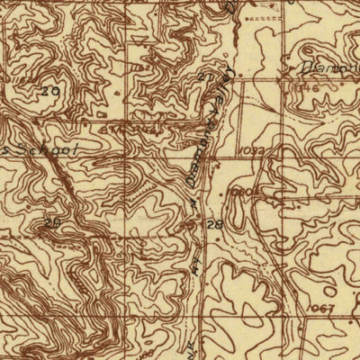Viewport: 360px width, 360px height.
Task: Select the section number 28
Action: [x=215, y=224]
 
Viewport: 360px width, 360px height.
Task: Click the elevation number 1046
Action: [x=305, y=91]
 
